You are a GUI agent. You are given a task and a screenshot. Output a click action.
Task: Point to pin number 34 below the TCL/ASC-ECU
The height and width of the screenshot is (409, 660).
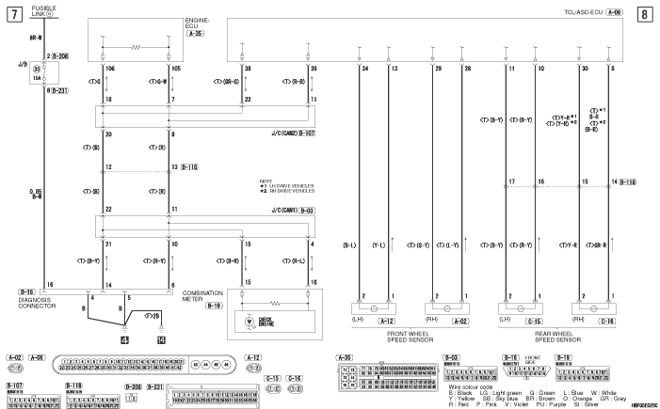(x=362, y=69)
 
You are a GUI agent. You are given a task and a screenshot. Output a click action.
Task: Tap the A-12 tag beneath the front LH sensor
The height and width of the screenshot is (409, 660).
(x=384, y=320)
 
